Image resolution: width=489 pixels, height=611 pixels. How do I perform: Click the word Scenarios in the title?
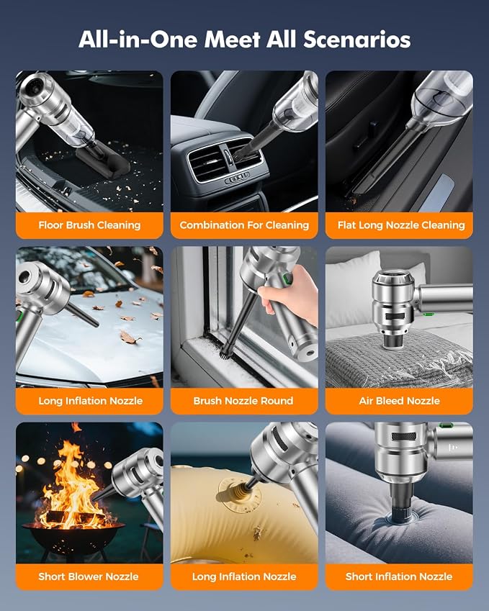(x=356, y=40)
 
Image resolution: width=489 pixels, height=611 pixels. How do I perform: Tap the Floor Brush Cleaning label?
(x=89, y=225)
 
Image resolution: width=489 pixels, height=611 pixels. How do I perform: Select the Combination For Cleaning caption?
(x=244, y=225)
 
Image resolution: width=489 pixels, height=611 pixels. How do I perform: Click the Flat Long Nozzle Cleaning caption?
(x=401, y=225)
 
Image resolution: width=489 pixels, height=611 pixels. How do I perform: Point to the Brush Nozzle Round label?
(x=243, y=401)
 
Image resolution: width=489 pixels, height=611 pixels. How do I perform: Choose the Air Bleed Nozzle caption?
(x=399, y=401)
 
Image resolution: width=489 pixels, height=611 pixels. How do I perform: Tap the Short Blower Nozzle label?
(x=89, y=576)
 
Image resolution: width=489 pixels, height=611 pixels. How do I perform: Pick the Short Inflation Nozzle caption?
(x=399, y=576)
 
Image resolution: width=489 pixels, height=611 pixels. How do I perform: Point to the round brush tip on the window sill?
(x=224, y=351)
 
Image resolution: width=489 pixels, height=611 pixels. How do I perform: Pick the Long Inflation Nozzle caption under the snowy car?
(x=91, y=401)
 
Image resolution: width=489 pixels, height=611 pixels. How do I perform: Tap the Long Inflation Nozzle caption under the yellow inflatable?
(x=244, y=576)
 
